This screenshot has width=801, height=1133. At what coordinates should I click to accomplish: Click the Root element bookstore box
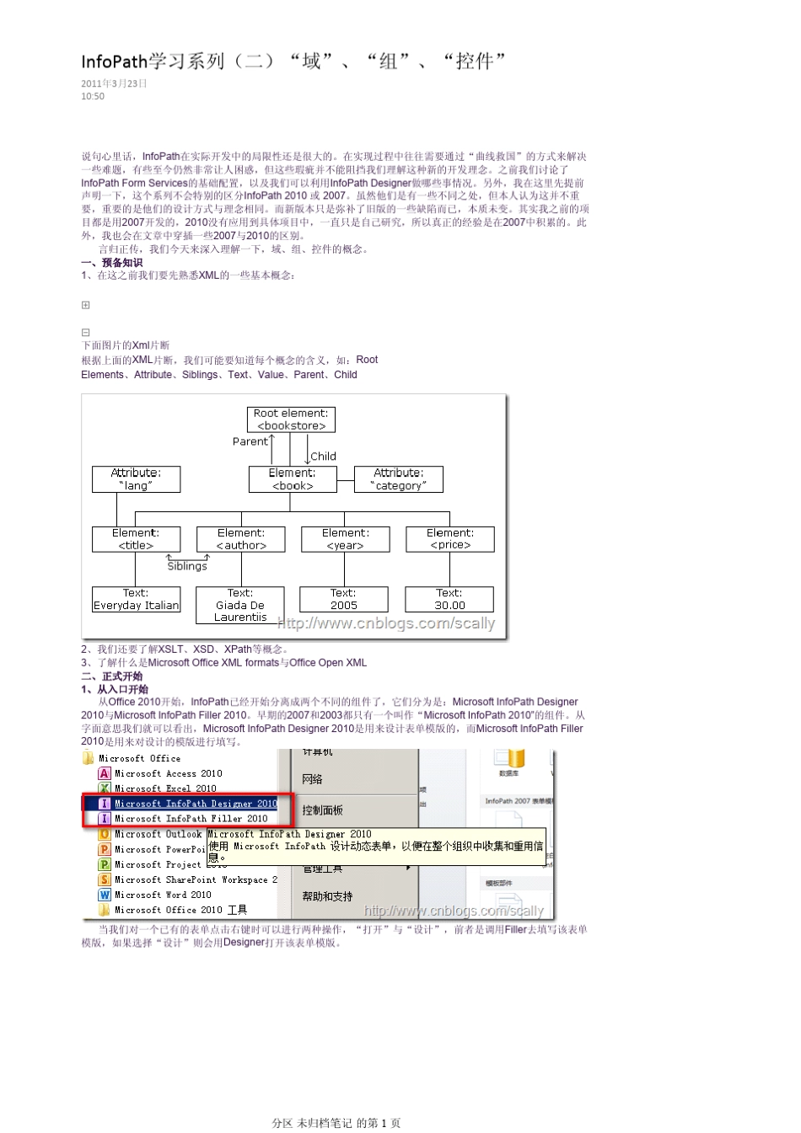pos(292,420)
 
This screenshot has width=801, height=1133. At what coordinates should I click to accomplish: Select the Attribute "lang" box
pos(136,479)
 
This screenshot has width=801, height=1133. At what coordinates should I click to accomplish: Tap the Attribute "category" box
pos(398,479)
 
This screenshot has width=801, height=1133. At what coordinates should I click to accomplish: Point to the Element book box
pos(292,479)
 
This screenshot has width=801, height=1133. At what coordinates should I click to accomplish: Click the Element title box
pos(136,539)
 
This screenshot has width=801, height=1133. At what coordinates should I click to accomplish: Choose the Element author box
pos(240,539)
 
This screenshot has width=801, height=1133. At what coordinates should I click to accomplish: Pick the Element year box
pos(345,539)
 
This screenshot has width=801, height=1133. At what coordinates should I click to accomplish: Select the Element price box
pos(449,539)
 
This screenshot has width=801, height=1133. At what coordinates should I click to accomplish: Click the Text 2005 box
pos(343,599)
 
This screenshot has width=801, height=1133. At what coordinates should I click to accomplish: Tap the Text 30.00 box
pos(449,599)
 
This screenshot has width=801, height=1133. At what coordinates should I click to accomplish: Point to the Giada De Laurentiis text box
pos(240,605)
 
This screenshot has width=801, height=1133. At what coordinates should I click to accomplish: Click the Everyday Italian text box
pos(136,599)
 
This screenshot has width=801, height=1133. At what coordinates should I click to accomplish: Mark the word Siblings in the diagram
pos(187,566)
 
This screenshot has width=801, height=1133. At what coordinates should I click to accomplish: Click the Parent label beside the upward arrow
pos(250,441)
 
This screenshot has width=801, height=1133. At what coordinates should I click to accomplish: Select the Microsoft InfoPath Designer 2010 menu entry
pos(196,804)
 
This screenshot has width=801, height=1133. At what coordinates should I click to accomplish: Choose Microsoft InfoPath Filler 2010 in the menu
pos(191,819)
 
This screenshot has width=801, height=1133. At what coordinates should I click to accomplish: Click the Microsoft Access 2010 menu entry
pos(168,773)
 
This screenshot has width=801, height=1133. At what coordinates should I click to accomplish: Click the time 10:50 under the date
pos(93,97)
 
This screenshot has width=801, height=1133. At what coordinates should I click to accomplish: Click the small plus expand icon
pos(85,305)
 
